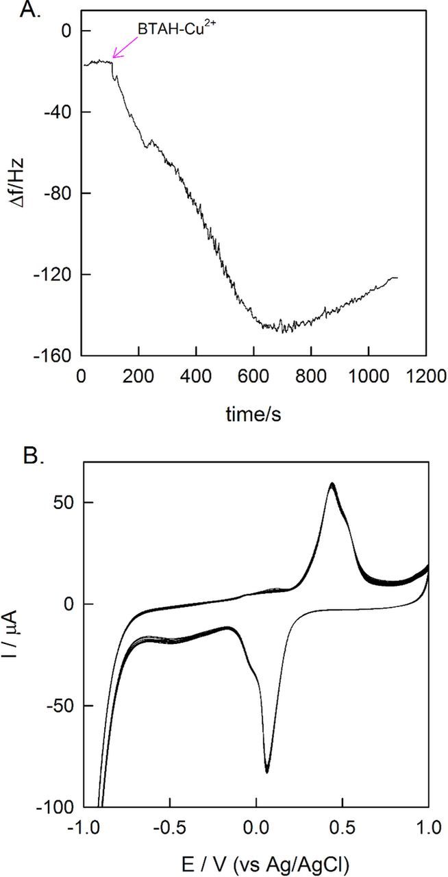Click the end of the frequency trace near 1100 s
click(x=396, y=277)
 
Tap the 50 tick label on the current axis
click(x=64, y=502)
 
